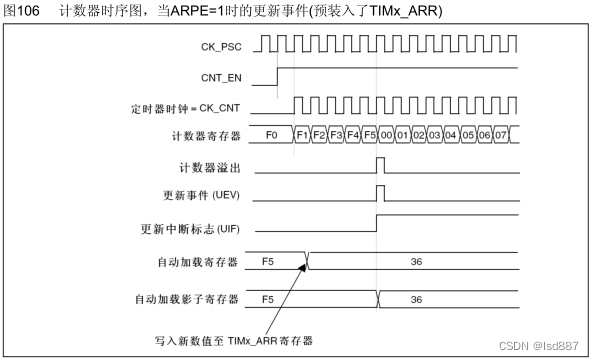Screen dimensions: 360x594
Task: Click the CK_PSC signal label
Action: pos(215,46)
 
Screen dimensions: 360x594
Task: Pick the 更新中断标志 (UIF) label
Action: pos(190,228)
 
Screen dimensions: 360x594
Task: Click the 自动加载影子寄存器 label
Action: pos(187,298)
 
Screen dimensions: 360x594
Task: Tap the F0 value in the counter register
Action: pos(272,134)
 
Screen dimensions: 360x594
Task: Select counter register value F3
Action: pos(335,134)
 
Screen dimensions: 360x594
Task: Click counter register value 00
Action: pos(385,134)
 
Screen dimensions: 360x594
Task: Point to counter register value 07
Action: pos(501,134)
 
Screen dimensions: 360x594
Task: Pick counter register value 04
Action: pos(451,134)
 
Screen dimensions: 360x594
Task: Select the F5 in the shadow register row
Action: pos(268,298)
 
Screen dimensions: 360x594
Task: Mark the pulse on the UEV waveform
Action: pos(380,193)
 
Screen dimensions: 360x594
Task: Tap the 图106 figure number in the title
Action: pos(22,10)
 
